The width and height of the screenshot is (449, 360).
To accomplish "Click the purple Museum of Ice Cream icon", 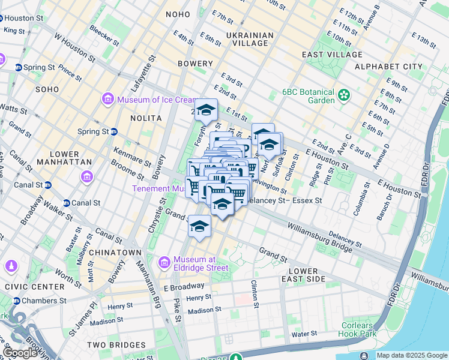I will pyautogui.click(x=107, y=99).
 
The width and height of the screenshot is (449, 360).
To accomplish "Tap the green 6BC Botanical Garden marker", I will pyautogui.click(x=344, y=95).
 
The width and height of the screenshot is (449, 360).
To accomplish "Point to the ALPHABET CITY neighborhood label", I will pyautogui.click(x=388, y=67).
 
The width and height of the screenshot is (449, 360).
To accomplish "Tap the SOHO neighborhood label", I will pyautogui.click(x=47, y=89).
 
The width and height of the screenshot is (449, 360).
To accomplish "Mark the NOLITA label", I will pyautogui.click(x=145, y=118).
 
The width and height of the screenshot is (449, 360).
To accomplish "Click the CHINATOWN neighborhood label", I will pyautogui.click(x=115, y=253).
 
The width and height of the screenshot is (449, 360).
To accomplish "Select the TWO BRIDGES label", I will pyautogui.click(x=116, y=345).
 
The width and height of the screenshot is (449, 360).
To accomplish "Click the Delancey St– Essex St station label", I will pyautogui.click(x=285, y=200).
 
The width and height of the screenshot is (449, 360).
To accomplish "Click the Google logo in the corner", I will pyautogui.click(x=19, y=353).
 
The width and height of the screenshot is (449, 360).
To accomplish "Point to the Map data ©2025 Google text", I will pyautogui.click(x=411, y=355).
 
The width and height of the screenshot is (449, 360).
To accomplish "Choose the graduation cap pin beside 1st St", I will pyautogui.click(x=206, y=110).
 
